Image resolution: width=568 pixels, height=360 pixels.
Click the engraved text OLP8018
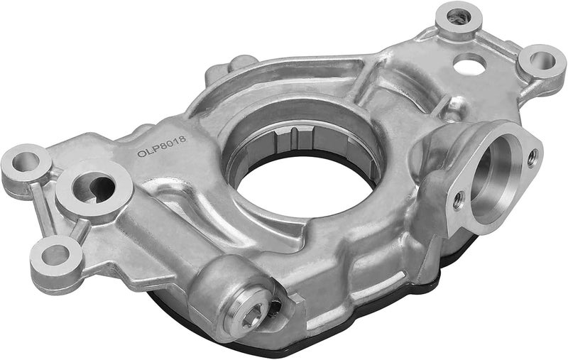pyautogui.click(x=162, y=146)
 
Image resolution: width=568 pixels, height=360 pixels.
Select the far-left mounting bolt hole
pyautogui.click(x=26, y=161)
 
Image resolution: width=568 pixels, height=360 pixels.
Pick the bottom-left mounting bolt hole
pyautogui.click(x=55, y=255)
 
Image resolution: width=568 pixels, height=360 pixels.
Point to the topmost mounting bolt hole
pyautogui.click(x=459, y=17)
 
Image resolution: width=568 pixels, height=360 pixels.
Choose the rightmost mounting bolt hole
pyautogui.click(x=542, y=60)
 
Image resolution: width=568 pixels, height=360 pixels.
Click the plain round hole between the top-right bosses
pyautogui.click(x=469, y=65)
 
